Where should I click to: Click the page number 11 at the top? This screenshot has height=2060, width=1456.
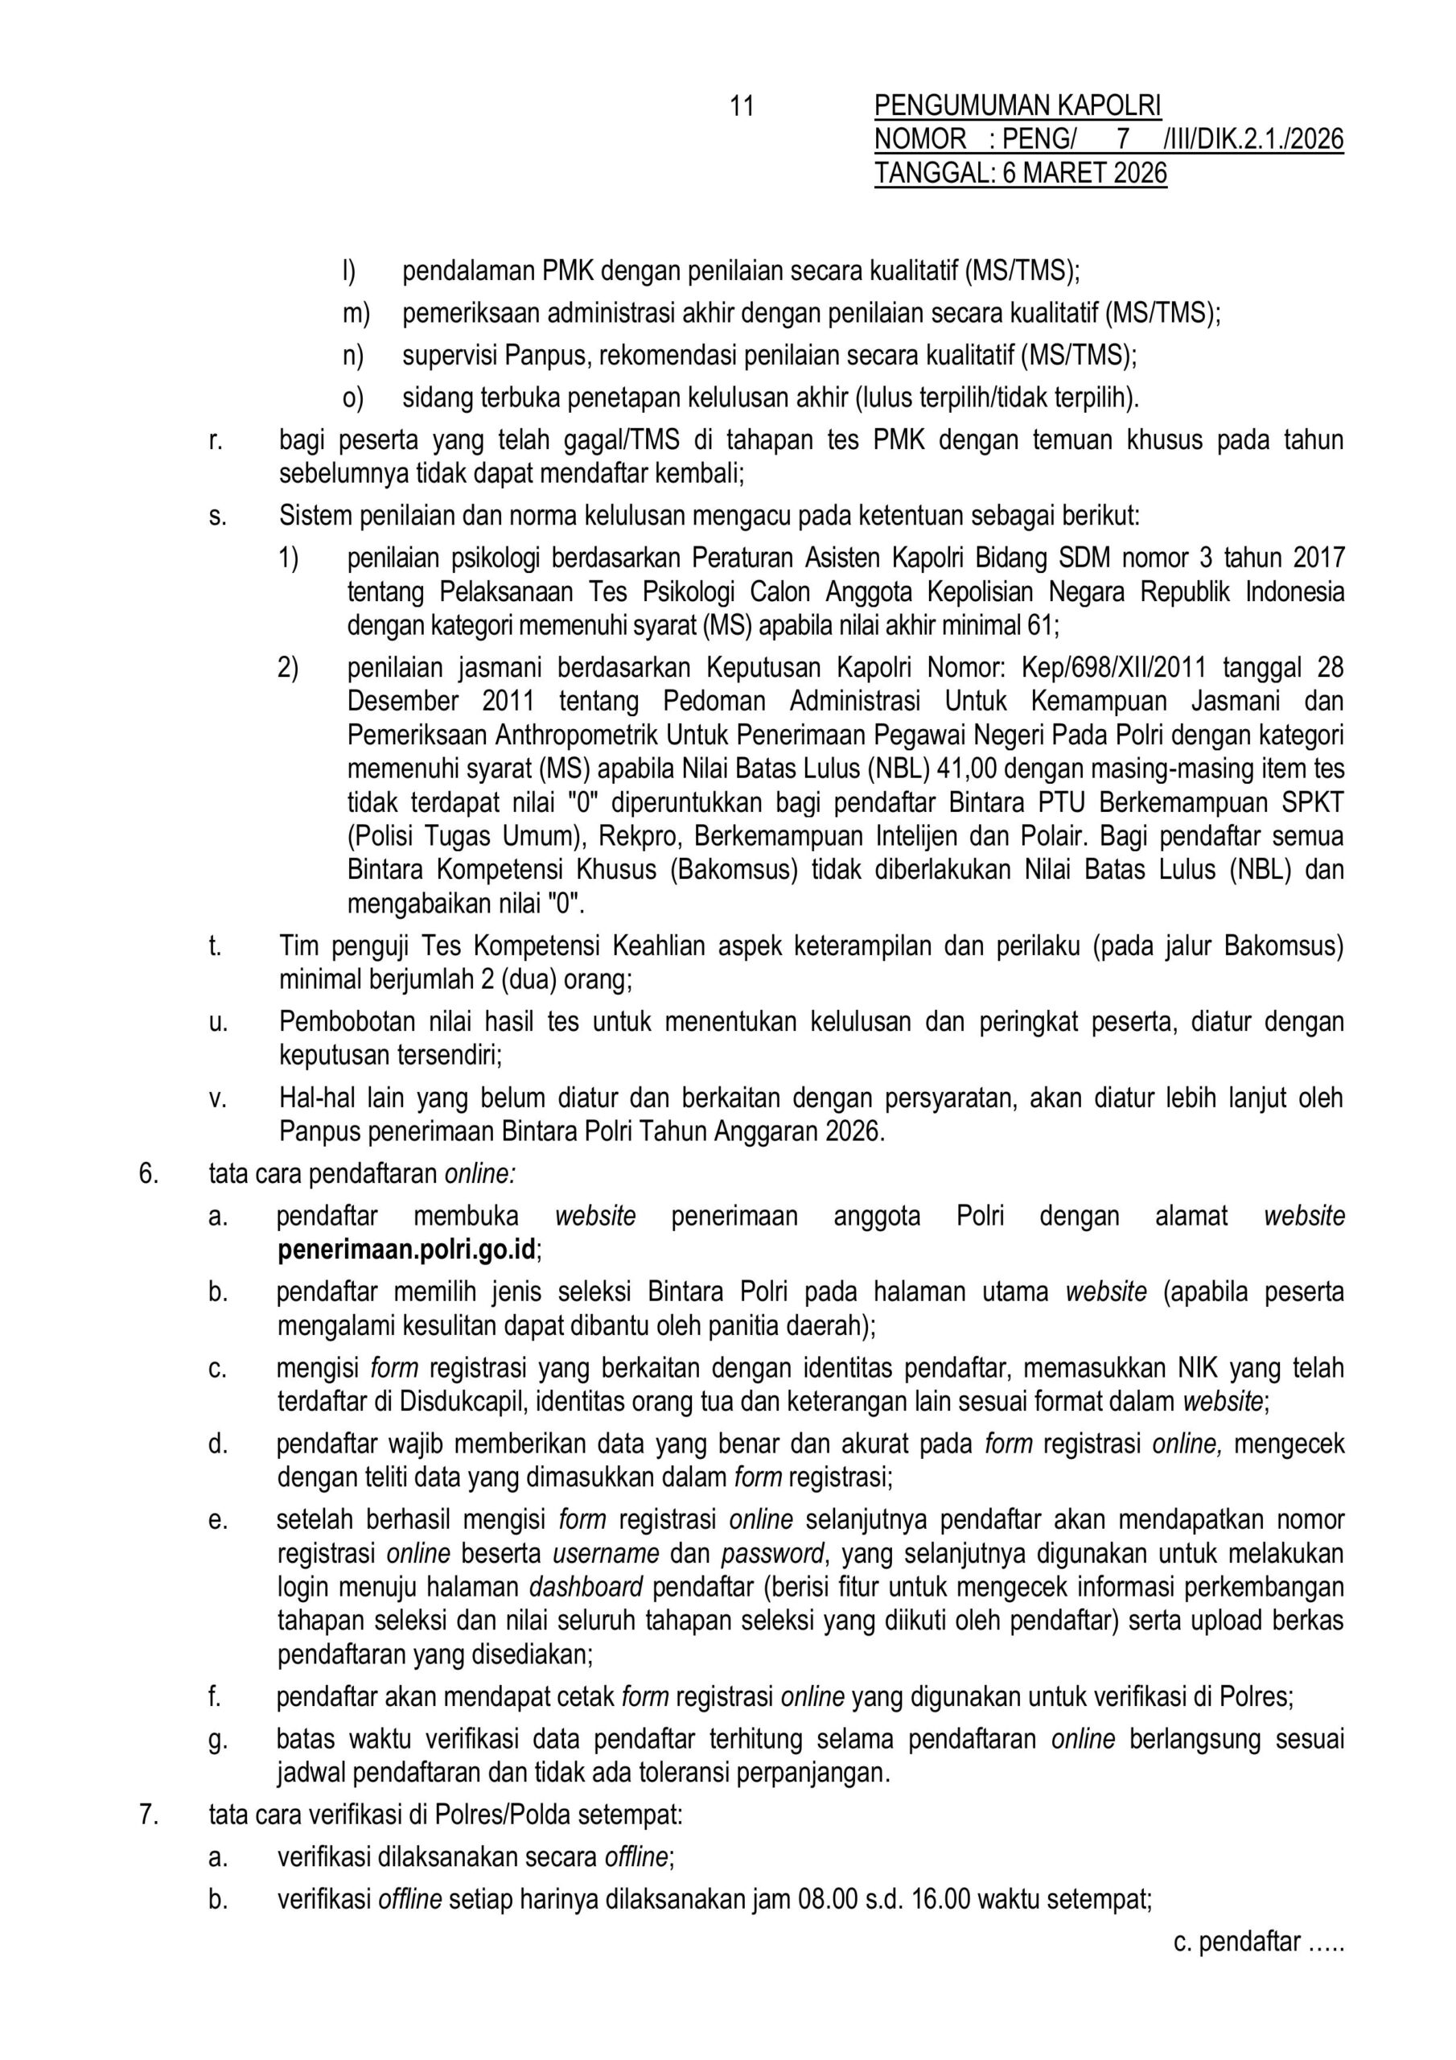741,107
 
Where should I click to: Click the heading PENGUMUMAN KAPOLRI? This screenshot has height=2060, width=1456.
1018,107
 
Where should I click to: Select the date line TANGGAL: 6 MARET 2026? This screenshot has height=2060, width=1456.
1020,173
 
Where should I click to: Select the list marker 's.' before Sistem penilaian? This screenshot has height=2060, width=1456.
217,516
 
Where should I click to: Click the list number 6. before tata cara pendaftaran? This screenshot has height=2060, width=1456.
148,1173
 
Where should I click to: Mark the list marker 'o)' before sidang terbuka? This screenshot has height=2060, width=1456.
353,398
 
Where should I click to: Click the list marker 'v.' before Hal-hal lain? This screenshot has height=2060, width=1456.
217,1098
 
